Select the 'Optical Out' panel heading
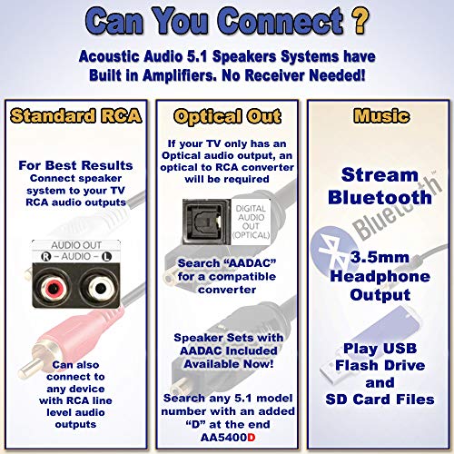tap(227, 117)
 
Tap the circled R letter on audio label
tap(43, 257)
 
